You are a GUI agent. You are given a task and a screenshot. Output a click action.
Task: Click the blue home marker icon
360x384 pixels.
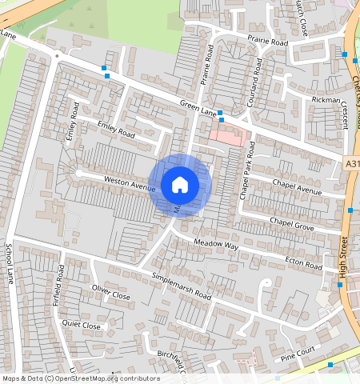point(180,185)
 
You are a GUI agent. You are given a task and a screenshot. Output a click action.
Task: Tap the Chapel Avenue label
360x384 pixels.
point(296,187)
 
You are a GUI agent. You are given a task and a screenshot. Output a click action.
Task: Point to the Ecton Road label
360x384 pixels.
point(304,265)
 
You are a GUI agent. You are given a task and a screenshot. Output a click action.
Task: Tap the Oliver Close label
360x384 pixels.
point(110,291)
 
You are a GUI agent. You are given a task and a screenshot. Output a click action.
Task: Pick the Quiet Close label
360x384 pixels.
point(82,326)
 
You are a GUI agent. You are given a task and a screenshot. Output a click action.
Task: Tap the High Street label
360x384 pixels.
point(344,257)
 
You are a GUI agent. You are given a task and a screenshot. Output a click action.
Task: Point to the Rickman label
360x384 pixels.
point(326,100)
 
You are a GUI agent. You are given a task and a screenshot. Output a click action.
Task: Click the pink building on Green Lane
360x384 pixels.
point(227,136)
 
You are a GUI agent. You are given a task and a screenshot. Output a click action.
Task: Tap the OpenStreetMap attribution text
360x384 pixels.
point(80,378)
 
